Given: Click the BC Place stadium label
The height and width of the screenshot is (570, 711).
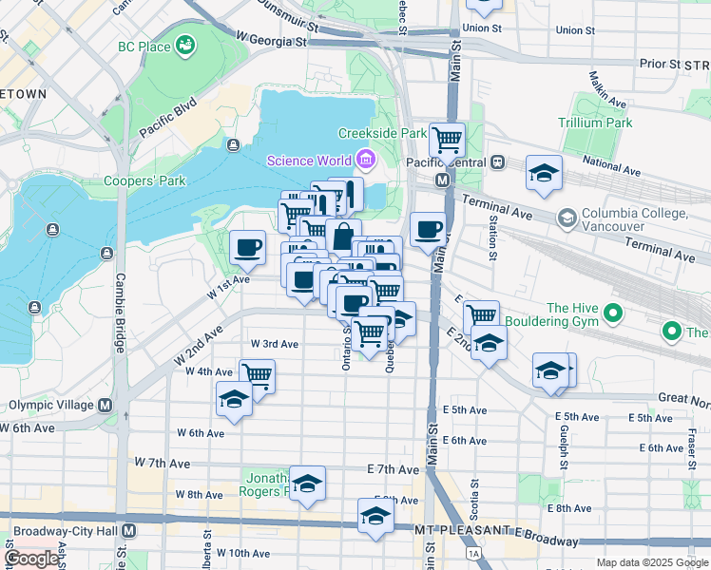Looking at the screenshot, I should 144,47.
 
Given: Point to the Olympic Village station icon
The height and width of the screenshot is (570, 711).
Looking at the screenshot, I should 105,406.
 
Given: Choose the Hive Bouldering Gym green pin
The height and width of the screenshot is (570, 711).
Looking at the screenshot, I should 613,312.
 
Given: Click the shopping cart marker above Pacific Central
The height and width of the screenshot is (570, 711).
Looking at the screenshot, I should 447,141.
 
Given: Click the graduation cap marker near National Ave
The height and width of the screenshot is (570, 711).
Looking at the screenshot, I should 544,173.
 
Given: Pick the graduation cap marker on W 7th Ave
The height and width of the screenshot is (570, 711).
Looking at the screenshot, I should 307,484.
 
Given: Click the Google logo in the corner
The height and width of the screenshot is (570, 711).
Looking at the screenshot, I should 31,559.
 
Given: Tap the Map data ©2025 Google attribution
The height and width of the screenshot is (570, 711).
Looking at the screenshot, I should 652,562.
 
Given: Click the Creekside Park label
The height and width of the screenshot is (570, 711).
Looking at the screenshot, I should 382,134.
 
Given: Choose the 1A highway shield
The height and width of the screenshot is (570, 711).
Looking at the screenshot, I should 472,552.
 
